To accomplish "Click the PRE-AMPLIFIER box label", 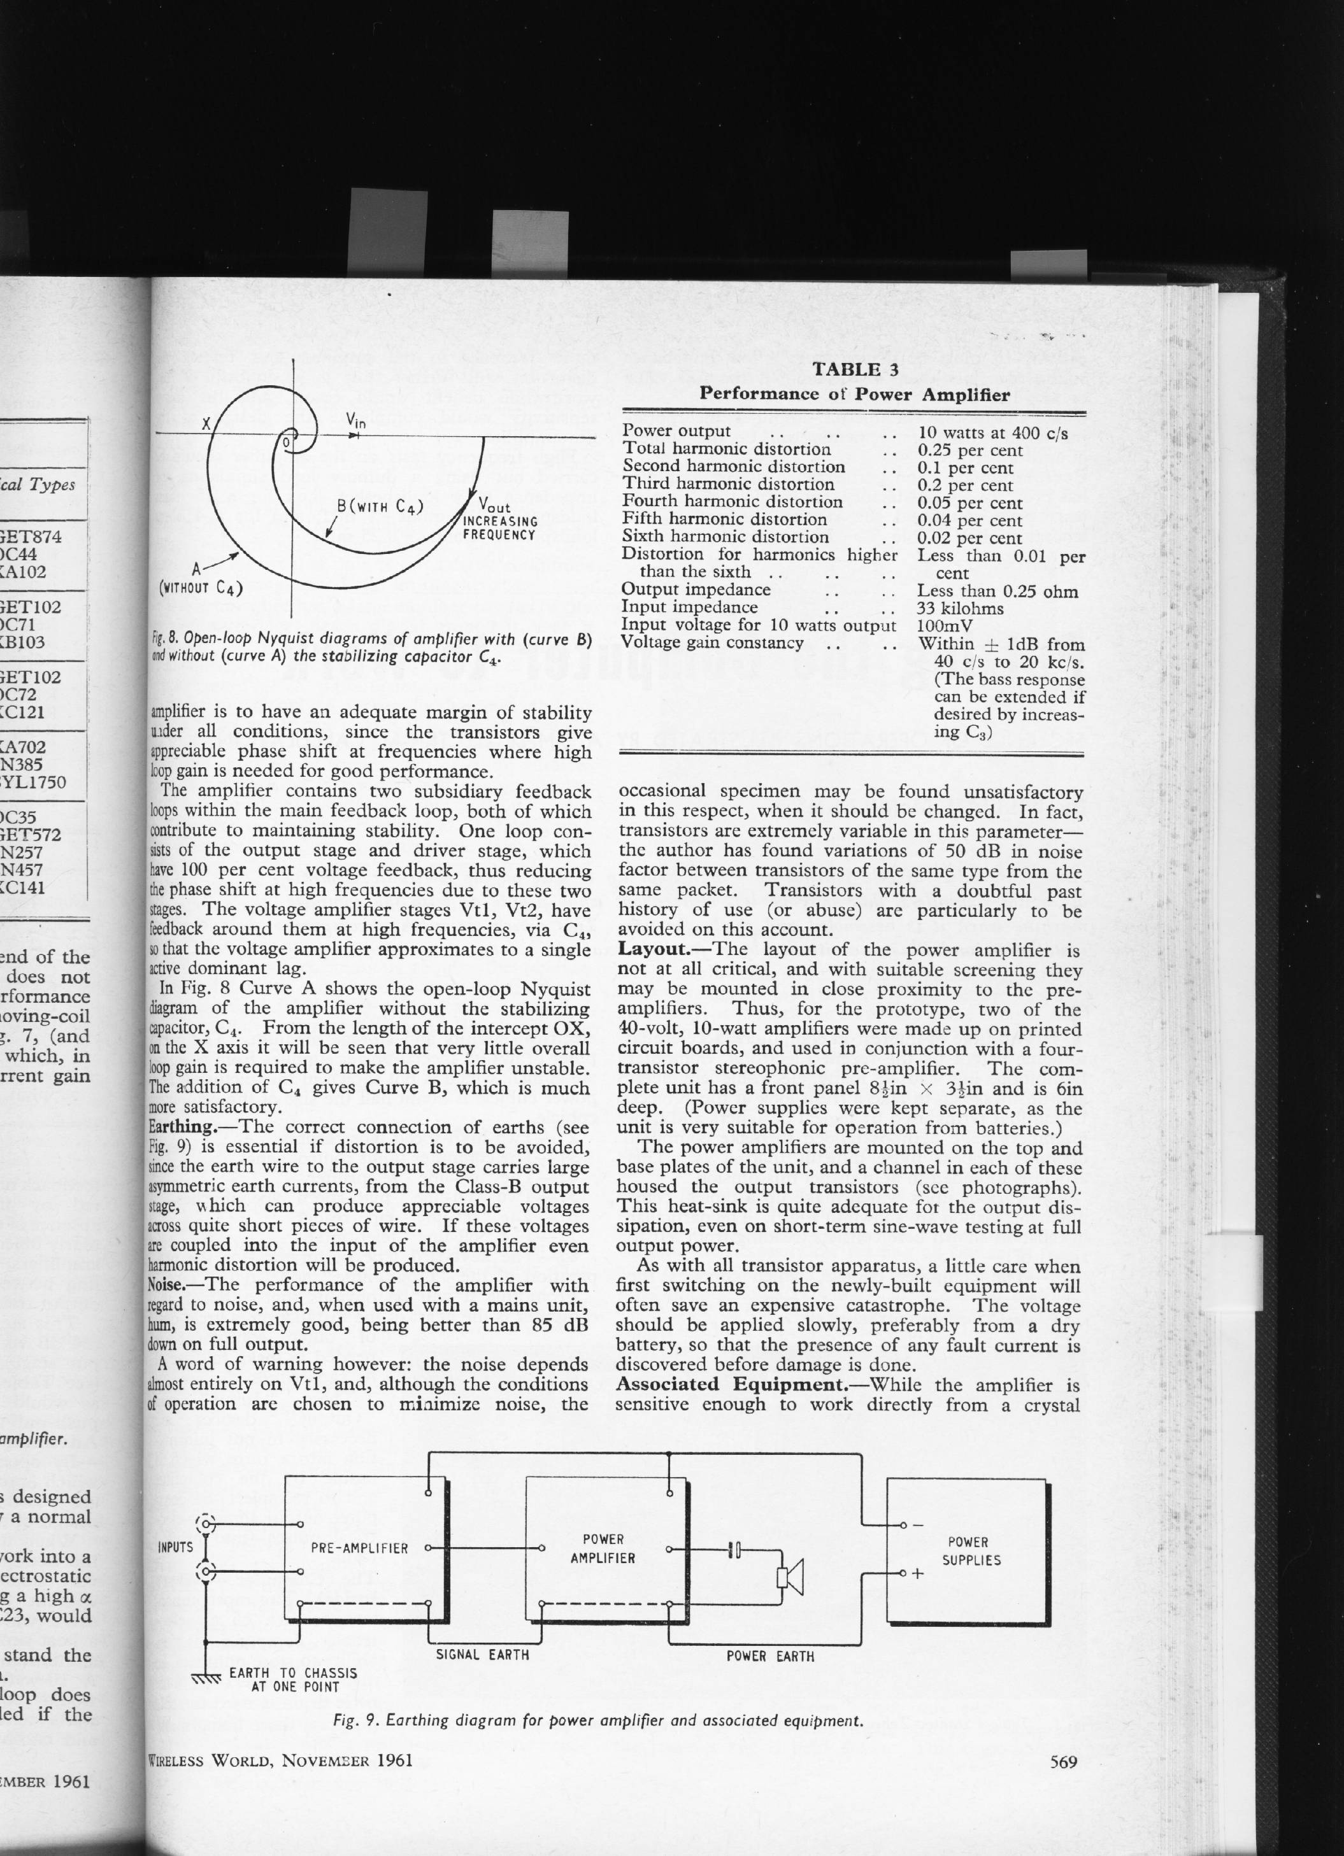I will tap(359, 1548).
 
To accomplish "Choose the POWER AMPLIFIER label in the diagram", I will tap(603, 1548).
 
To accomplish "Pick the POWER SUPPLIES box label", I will tap(971, 1551).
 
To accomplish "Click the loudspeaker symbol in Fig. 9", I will tap(790, 1576).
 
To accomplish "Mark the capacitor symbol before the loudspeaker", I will tap(734, 1549).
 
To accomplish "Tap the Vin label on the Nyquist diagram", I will tap(355, 421).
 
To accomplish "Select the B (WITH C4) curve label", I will tap(380, 507).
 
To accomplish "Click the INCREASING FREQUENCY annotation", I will tap(499, 528).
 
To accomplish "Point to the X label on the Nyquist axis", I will tap(207, 424).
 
